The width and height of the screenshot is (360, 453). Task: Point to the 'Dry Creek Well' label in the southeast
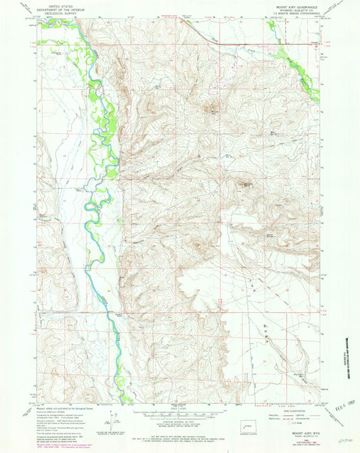tap(278, 371)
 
